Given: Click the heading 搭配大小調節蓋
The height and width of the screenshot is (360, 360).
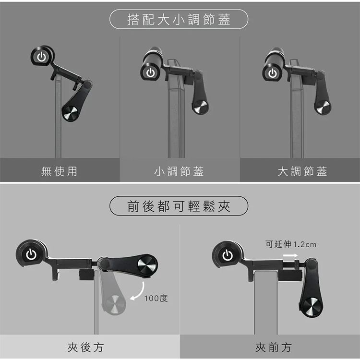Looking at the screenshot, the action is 179,19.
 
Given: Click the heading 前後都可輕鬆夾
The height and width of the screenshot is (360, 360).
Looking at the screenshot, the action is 179,206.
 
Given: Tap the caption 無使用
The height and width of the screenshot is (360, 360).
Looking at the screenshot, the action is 59,171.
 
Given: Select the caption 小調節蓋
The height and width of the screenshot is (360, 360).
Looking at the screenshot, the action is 179,171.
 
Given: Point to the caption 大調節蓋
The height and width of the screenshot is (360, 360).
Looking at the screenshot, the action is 302,171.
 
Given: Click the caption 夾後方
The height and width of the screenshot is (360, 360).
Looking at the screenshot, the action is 85,348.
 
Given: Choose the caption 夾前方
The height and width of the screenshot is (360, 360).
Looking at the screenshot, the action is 274,348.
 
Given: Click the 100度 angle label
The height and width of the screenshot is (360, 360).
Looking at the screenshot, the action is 156,298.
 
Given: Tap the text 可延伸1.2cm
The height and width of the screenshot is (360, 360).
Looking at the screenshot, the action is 291,244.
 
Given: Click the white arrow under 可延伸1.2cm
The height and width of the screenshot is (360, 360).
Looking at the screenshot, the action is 290,255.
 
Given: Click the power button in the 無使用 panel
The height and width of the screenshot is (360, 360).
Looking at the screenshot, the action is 42,57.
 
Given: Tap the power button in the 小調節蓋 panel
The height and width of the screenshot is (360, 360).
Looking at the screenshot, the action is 150,73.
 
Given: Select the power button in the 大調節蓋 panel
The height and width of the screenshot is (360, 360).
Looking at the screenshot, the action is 273,73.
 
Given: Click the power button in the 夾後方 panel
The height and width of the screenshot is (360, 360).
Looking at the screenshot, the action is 31,254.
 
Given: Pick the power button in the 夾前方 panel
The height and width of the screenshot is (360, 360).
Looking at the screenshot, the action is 228,255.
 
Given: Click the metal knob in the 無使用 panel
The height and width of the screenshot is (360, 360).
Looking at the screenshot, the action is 71,113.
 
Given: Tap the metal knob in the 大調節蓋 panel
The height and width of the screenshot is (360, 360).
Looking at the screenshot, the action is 323,107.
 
